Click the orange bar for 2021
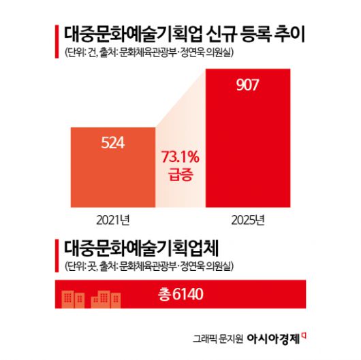112,167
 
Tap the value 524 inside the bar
112,143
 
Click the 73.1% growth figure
180,157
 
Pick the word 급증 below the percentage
180,175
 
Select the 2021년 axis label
112,219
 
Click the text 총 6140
180,294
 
